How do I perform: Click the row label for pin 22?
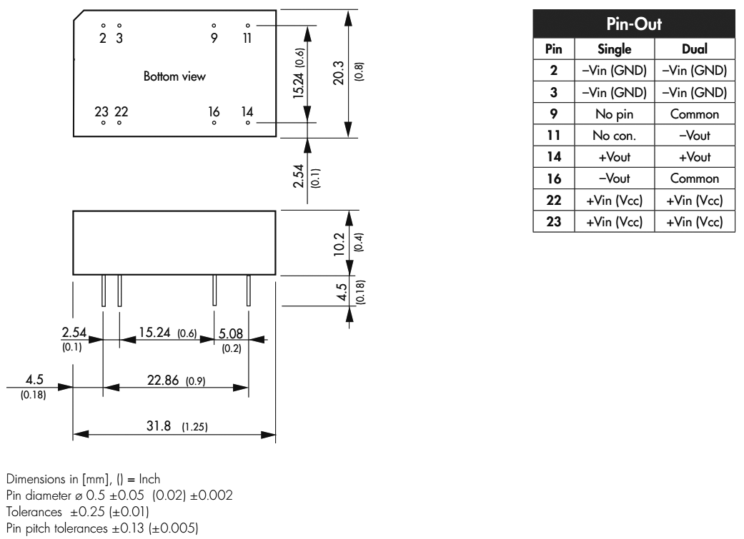tap(553, 201)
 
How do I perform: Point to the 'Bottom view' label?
tap(174, 76)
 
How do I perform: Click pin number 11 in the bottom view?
tap(247, 38)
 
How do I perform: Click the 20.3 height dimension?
tap(339, 73)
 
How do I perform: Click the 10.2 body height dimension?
tap(340, 243)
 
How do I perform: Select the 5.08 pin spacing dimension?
tap(231, 333)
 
